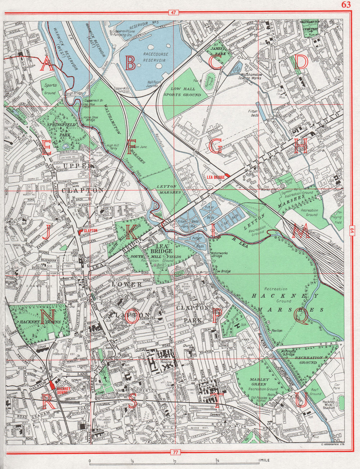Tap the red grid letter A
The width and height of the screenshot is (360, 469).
[x=46, y=65]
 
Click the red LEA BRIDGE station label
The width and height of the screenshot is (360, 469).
[x=216, y=177]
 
